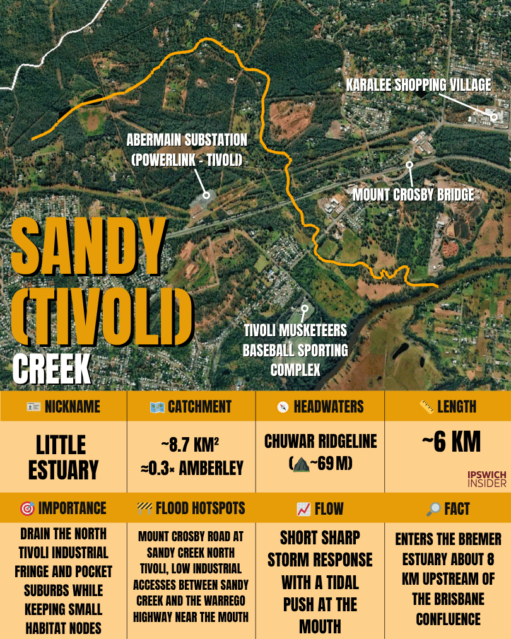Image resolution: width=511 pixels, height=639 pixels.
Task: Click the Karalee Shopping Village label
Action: [x=418, y=85]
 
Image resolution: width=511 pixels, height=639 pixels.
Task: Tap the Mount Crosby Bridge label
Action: [x=413, y=195]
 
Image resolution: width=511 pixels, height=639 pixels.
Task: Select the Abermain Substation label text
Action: [x=187, y=149]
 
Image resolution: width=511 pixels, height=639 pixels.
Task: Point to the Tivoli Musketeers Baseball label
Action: [x=295, y=349]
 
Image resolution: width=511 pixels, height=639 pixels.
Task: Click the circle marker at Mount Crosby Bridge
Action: [x=409, y=165]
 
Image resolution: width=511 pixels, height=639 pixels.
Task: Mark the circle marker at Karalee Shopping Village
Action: [x=495, y=116]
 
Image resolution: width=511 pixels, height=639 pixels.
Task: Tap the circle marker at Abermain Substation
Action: [x=205, y=196]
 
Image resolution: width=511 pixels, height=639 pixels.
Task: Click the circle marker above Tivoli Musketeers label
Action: [x=305, y=309]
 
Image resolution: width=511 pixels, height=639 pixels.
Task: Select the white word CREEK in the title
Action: [x=52, y=370]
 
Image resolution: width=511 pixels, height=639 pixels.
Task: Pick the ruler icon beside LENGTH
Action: [x=426, y=407]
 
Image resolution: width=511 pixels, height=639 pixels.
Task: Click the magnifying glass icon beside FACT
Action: [x=433, y=509]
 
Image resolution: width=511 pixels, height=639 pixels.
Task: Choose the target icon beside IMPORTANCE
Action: [x=27, y=509]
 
